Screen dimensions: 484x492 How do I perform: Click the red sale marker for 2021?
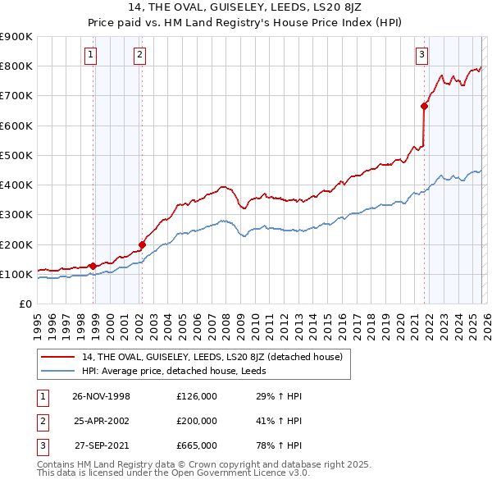(424, 105)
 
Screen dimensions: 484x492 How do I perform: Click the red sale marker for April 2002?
(142, 244)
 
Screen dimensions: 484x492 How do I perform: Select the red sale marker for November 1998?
(93, 266)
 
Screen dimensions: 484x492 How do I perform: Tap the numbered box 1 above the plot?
(90, 55)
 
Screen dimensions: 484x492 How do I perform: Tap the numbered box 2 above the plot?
(140, 55)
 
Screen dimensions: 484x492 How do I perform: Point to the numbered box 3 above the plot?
(421, 55)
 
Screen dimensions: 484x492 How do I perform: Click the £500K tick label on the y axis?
(16, 155)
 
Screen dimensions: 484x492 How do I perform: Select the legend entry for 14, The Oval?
(216, 356)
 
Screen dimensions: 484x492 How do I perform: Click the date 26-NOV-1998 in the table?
(102, 396)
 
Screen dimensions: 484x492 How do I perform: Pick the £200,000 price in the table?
(197, 420)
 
